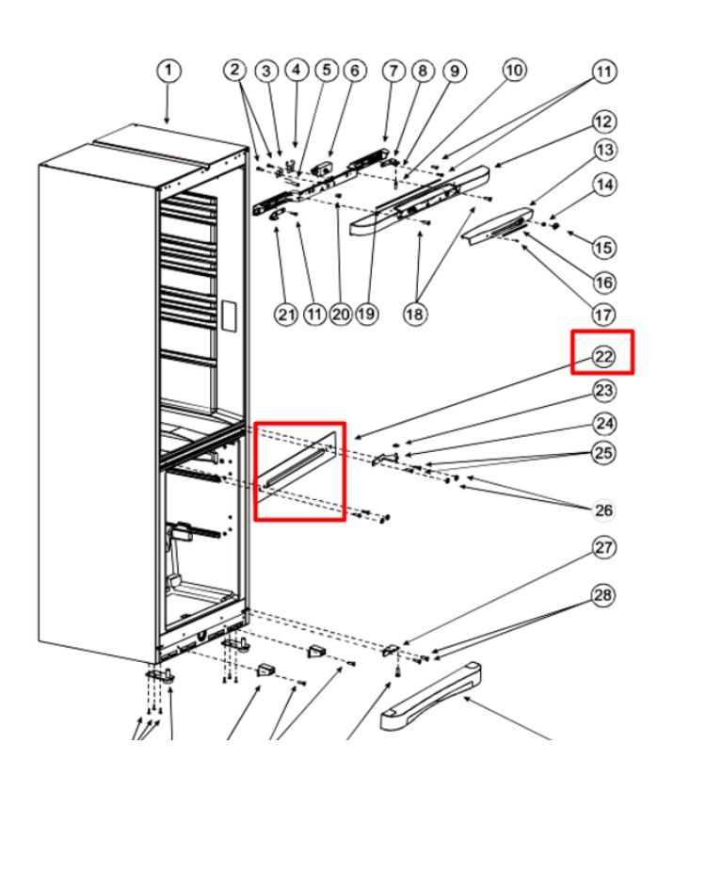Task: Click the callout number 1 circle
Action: (x=168, y=72)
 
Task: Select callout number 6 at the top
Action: (x=354, y=70)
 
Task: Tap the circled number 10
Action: (x=515, y=70)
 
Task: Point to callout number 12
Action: (x=604, y=121)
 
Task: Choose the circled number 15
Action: (x=604, y=248)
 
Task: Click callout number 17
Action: (x=604, y=315)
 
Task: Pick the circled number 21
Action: (x=286, y=315)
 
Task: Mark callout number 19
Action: (x=366, y=315)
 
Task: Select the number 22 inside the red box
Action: (x=604, y=356)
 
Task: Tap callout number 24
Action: (x=604, y=424)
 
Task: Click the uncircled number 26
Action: (x=604, y=510)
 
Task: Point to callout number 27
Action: (x=604, y=548)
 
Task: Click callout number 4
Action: (x=297, y=70)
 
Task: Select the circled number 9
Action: (x=455, y=72)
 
